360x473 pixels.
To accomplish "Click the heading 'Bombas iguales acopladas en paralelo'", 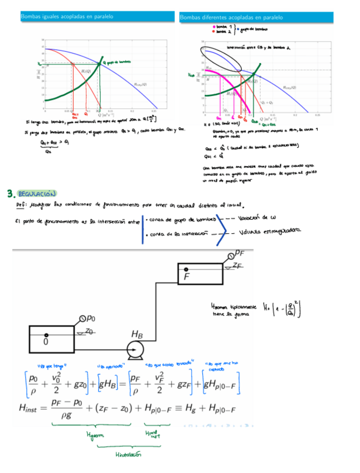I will [67, 17].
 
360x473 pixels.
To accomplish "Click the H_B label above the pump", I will [137, 334].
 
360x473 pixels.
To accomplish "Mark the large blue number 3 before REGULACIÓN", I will [10, 194].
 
